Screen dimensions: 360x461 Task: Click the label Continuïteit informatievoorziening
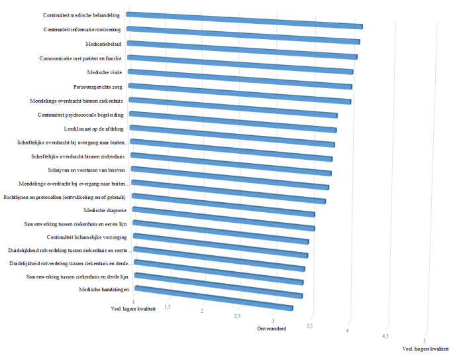tap(83, 30)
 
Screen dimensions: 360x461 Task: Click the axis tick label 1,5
tap(168, 307)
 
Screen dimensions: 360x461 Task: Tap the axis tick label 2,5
tap(237, 316)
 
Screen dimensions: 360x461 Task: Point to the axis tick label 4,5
tap(385, 337)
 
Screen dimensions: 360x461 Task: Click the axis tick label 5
tap(425, 340)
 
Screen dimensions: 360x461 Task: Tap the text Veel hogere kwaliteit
tap(425, 349)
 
